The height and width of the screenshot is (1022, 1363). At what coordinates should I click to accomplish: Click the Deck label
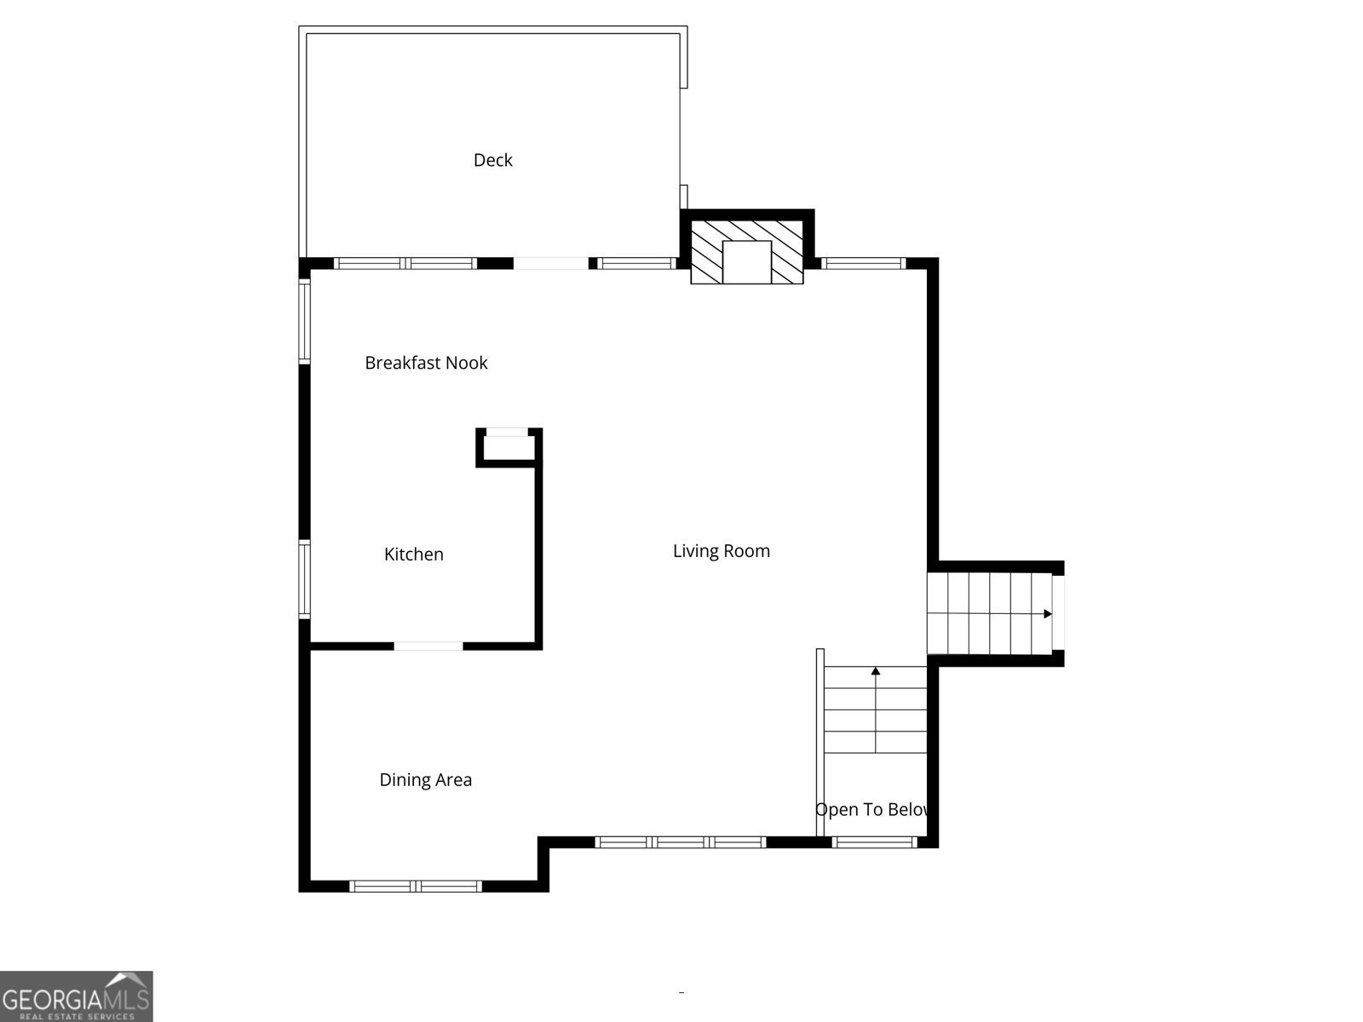point(492,160)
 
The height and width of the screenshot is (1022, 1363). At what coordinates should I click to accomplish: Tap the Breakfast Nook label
point(426,363)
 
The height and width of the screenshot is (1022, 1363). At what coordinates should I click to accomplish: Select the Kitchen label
point(413,554)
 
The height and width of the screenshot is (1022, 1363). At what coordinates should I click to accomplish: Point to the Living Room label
point(721,551)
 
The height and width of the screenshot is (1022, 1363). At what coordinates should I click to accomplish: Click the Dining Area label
point(425,780)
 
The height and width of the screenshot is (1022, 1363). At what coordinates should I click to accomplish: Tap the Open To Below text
point(872,810)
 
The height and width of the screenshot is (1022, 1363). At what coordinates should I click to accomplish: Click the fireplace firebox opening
point(747,261)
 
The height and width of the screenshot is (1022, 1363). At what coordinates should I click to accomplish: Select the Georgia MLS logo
point(76,996)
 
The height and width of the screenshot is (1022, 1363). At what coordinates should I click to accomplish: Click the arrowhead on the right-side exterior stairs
point(1048,614)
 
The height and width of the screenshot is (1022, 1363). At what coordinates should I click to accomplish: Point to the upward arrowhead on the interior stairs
point(876,671)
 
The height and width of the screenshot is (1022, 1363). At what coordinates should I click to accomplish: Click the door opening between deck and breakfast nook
point(550,264)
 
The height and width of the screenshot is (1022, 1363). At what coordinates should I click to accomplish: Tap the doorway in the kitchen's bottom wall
point(428,646)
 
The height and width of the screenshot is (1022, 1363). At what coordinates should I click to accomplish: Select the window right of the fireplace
point(863,264)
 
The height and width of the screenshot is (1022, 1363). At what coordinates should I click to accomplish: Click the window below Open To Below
point(874,842)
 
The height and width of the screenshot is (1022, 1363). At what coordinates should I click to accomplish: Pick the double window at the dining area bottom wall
point(417,887)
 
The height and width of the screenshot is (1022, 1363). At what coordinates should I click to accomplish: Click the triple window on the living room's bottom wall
point(680,842)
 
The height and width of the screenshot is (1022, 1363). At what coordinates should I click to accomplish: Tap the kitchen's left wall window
point(304,578)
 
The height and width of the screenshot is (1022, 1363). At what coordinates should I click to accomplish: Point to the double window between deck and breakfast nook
point(405,264)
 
